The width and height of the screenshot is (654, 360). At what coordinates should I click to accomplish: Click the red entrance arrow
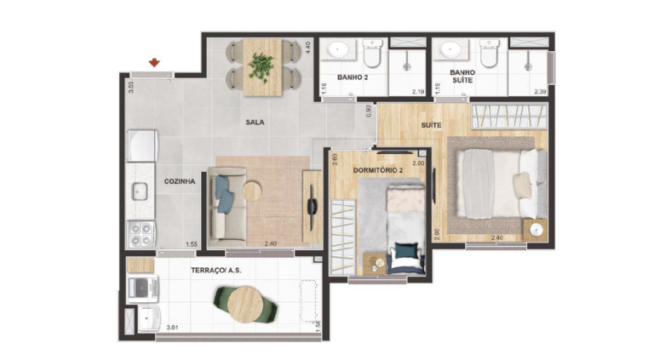[154, 63]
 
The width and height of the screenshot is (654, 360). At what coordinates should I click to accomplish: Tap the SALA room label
[255, 122]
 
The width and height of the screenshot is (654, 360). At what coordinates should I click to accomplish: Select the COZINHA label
[180, 181]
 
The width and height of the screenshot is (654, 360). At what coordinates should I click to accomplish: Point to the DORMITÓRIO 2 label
[378, 170]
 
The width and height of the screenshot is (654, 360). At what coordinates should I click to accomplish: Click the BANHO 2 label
[353, 77]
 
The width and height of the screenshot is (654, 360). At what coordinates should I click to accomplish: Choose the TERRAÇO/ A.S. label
[216, 271]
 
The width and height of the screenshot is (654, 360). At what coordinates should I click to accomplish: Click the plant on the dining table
[261, 66]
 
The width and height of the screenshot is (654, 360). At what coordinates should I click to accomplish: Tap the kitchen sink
[140, 191]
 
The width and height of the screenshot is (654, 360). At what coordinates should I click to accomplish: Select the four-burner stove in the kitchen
[141, 234]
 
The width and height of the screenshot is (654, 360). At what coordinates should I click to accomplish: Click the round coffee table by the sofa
[251, 191]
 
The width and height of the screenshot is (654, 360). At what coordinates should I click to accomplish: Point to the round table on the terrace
[245, 304]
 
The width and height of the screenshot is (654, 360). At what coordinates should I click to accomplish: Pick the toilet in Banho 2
[372, 53]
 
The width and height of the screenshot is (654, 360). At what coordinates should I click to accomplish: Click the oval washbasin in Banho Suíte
[451, 50]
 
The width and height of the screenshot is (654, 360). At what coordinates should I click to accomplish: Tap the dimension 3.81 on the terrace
[172, 328]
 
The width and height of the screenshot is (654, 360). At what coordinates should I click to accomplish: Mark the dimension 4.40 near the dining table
[307, 47]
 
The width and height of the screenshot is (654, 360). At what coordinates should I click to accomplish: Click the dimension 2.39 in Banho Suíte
[541, 92]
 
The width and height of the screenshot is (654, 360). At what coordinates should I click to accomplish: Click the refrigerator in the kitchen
[143, 146]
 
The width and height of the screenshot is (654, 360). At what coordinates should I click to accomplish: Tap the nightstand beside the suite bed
[535, 230]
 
